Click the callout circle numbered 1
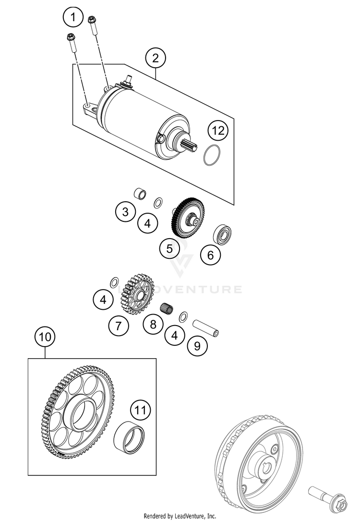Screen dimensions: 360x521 pyautogui.click(x=73, y=19)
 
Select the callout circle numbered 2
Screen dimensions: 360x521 pyautogui.click(x=155, y=59)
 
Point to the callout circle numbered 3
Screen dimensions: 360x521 pyautogui.click(x=125, y=212)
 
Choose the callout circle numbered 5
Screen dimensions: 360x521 pyautogui.click(x=169, y=249)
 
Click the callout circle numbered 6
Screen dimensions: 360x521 pyautogui.click(x=210, y=255)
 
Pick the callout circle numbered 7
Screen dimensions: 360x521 pyautogui.click(x=119, y=327)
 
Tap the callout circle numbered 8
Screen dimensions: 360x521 pyautogui.click(x=153, y=324)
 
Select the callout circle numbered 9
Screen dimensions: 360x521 pyautogui.click(x=197, y=344)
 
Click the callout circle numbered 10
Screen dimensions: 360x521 pyautogui.click(x=45, y=337)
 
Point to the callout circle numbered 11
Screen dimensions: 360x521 pyautogui.click(x=140, y=410)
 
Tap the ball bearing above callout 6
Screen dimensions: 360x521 pyautogui.click(x=223, y=233)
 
